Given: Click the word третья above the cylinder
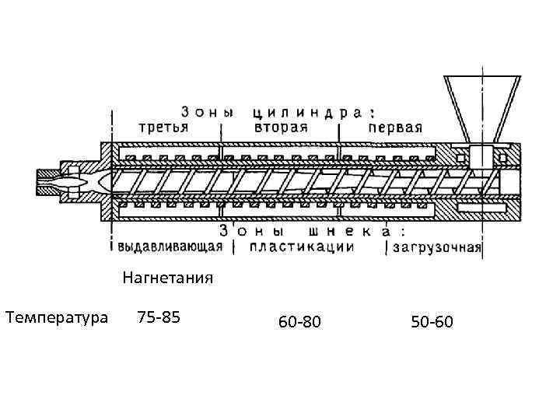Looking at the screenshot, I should [163, 128].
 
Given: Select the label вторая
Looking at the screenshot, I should [281, 128].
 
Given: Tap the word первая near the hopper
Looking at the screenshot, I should [395, 128].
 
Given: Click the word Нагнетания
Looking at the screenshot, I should [168, 278].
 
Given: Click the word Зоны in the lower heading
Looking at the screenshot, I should [247, 232].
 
